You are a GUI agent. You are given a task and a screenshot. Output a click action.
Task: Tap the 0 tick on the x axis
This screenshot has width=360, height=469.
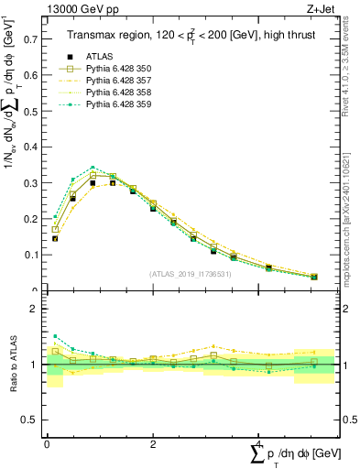tap(47, 442)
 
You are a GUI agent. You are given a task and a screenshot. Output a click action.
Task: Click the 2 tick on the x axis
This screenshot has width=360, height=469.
tap(153, 442)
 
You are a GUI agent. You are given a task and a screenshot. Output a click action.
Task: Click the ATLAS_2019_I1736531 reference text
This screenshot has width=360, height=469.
tap(191, 273)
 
